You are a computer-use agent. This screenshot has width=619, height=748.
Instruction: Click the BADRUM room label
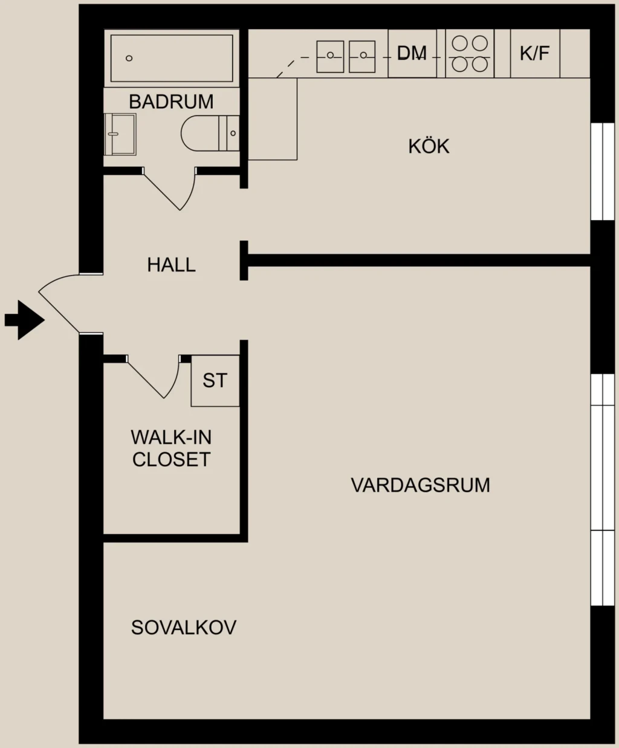[x=171, y=102]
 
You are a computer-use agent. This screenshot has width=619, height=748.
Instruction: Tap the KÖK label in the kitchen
[x=429, y=146]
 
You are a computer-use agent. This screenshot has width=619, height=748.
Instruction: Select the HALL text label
[x=171, y=265]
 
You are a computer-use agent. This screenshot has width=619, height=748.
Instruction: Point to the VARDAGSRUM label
[x=420, y=486]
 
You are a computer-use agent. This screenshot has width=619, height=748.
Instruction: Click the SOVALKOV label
[x=183, y=627]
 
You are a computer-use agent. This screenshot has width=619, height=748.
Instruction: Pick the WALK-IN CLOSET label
[x=171, y=448]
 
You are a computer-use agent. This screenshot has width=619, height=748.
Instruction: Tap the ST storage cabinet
[x=215, y=380]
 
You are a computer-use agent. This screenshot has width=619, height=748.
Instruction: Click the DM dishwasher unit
[x=412, y=53]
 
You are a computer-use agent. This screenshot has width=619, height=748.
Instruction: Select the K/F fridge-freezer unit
[x=535, y=53]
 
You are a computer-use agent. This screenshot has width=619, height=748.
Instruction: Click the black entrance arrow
[x=25, y=320]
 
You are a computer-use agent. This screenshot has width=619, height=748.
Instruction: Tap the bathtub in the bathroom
[x=172, y=58]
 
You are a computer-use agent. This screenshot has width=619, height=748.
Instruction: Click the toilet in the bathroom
[x=210, y=133]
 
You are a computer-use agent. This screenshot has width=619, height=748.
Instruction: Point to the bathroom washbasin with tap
[x=120, y=134]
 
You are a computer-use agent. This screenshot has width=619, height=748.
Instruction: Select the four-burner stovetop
[x=470, y=54]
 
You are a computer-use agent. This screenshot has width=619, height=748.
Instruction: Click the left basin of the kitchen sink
[x=330, y=56]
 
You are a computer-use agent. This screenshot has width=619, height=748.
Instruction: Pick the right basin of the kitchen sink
[x=362, y=56]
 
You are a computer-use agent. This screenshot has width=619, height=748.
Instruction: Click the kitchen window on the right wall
[x=603, y=171]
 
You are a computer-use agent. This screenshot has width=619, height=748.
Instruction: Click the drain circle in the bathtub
[x=129, y=58]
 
